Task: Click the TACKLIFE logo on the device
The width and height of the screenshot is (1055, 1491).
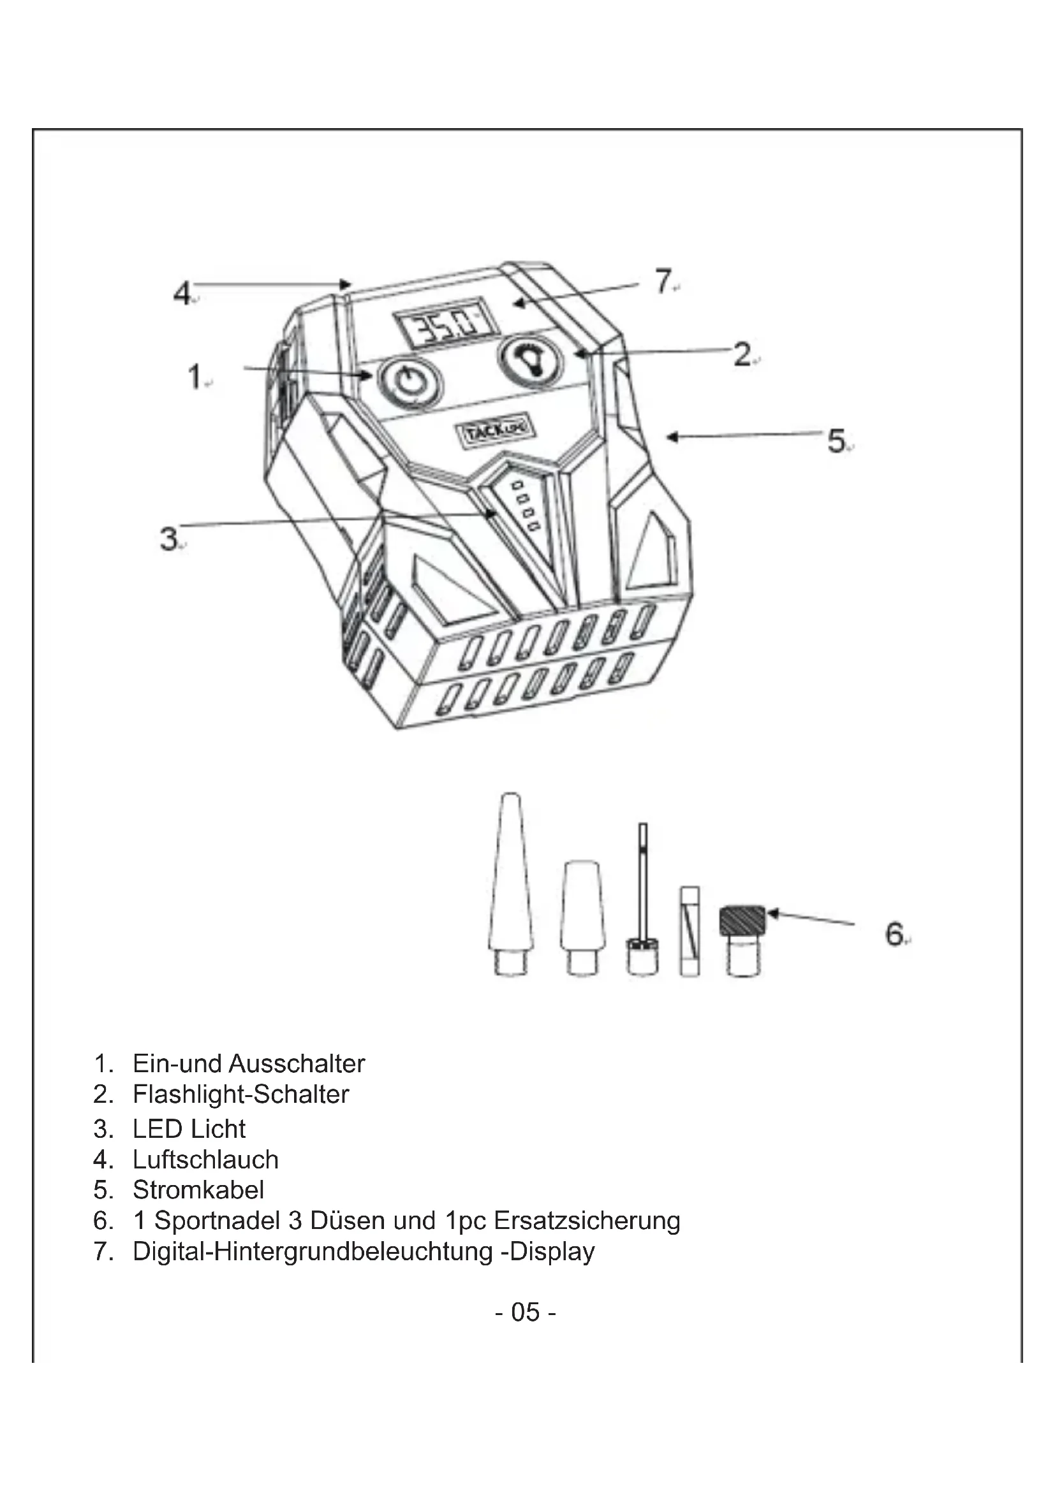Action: (494, 428)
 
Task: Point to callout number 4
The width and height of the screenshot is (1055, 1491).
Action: (182, 293)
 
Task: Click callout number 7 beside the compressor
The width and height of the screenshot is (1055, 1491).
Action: (663, 282)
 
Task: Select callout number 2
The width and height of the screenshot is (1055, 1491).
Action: (742, 354)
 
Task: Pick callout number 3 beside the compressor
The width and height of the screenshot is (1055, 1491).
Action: (169, 539)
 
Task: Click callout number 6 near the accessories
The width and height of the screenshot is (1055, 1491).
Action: (894, 935)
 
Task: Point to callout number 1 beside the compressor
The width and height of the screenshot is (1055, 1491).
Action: (195, 377)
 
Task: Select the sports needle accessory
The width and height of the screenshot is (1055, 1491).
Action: (642, 903)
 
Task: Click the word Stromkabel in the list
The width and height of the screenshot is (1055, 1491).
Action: (198, 1189)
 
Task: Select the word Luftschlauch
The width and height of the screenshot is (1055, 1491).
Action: (205, 1159)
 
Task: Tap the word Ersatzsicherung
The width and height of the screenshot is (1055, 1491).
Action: (587, 1220)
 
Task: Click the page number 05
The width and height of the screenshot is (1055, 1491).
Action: (525, 1312)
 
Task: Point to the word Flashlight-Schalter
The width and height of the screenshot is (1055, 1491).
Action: (240, 1095)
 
